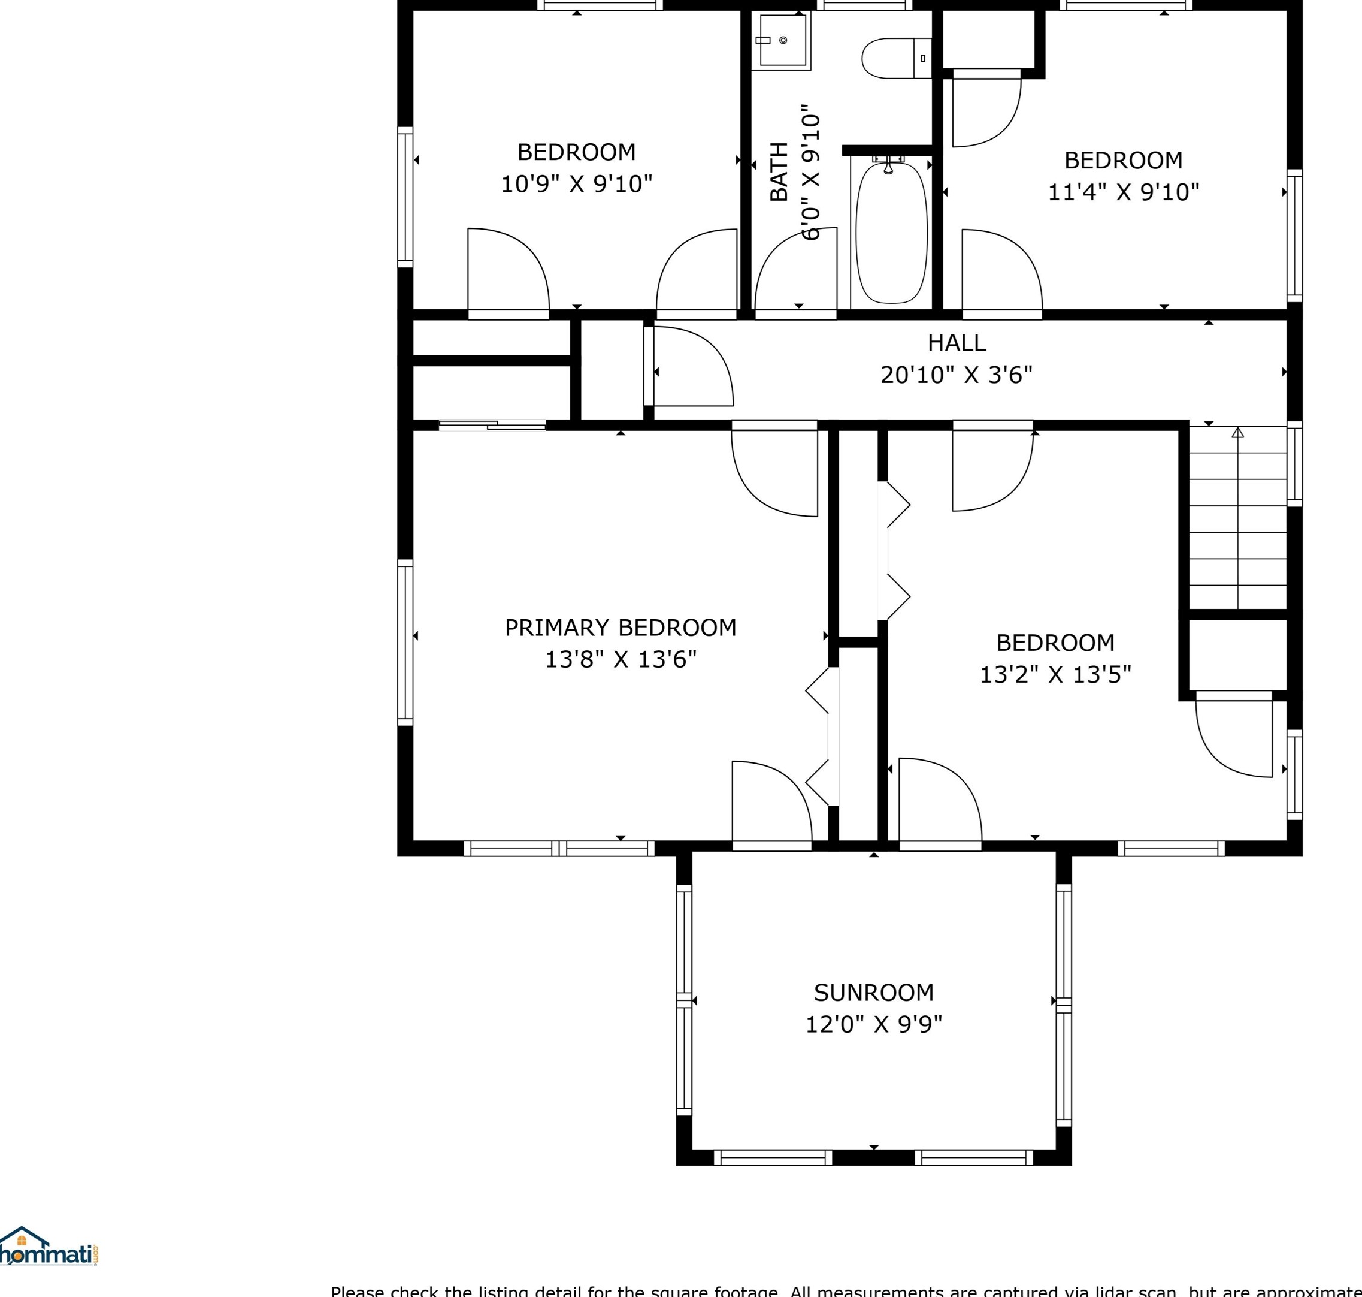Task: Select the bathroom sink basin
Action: pyautogui.click(x=782, y=40)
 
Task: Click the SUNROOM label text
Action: pyautogui.click(x=873, y=993)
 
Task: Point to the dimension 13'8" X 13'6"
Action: pyautogui.click(x=621, y=659)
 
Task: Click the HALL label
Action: pyautogui.click(x=957, y=343)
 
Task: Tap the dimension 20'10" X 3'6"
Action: pyautogui.click(x=957, y=375)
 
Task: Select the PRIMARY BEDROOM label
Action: pyautogui.click(x=621, y=628)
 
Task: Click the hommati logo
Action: pyautogui.click(x=49, y=1252)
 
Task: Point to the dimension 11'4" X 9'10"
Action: pyautogui.click(x=1124, y=192)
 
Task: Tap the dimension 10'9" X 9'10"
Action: pyautogui.click(x=576, y=184)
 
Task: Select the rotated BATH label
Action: pyautogui.click(x=779, y=171)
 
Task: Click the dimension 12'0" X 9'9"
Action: pyautogui.click(x=873, y=1025)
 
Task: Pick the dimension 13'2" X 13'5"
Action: pyautogui.click(x=1055, y=674)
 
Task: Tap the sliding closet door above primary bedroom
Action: pyautogui.click(x=492, y=425)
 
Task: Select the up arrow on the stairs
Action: pyautogui.click(x=1237, y=433)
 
